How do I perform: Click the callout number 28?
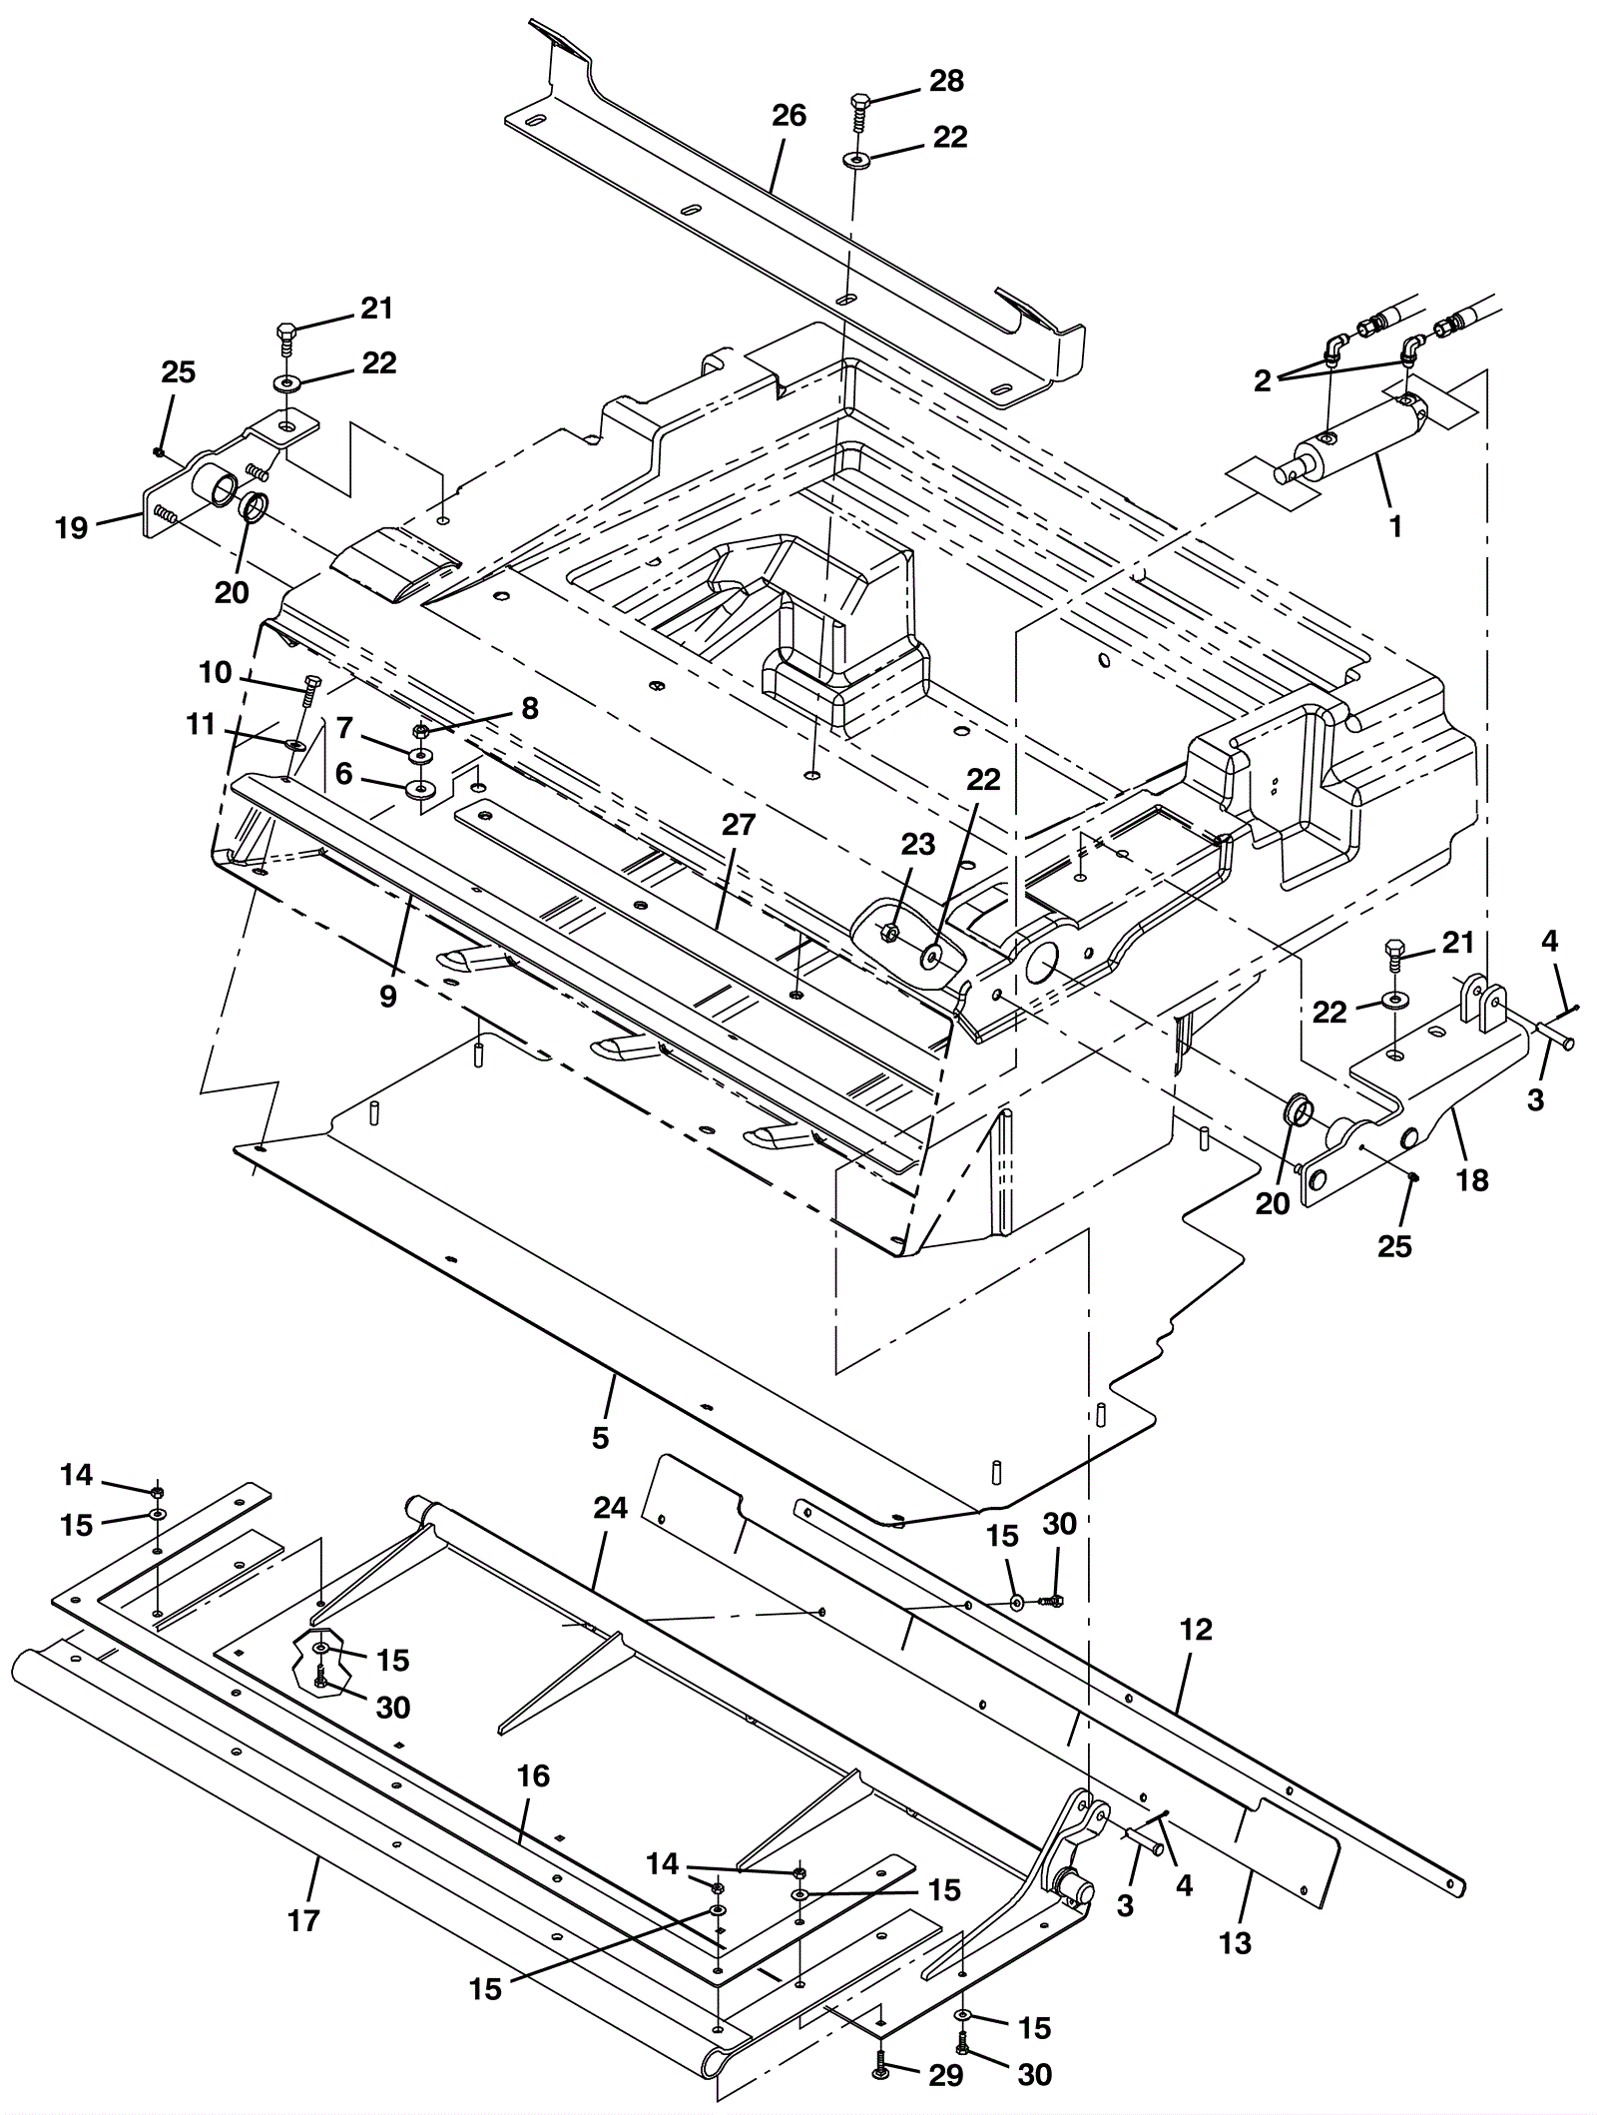[x=946, y=82]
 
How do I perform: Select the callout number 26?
[x=789, y=116]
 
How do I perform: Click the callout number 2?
[x=1263, y=380]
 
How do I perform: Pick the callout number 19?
[x=72, y=528]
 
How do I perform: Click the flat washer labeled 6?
[x=420, y=789]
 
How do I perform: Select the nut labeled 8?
[x=421, y=730]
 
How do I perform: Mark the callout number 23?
[x=918, y=845]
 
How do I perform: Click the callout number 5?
[x=600, y=1438]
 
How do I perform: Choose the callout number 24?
[x=610, y=1508]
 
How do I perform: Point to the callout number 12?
[x=1196, y=1631]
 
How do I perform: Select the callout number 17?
[x=303, y=1920]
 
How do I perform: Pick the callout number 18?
[x=1472, y=1180]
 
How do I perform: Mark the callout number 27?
[x=740, y=825]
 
